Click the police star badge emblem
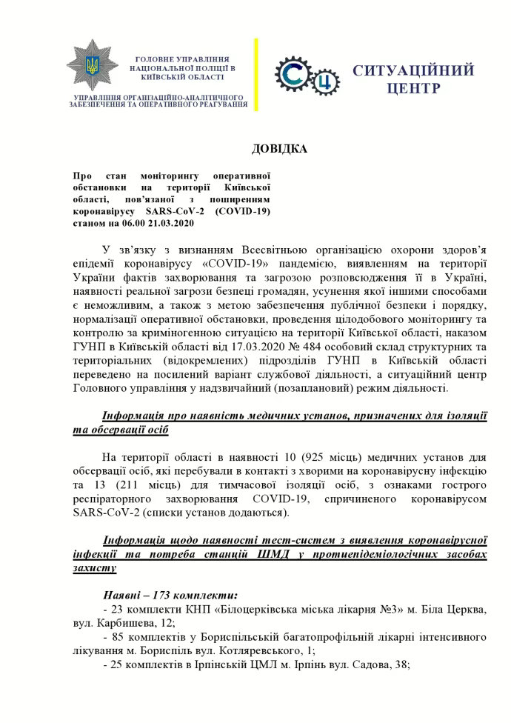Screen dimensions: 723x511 92,67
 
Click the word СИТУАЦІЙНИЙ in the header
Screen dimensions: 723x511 413,71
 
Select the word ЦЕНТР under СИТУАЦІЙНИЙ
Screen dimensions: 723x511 414,89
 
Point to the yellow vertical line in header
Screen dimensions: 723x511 256,74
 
